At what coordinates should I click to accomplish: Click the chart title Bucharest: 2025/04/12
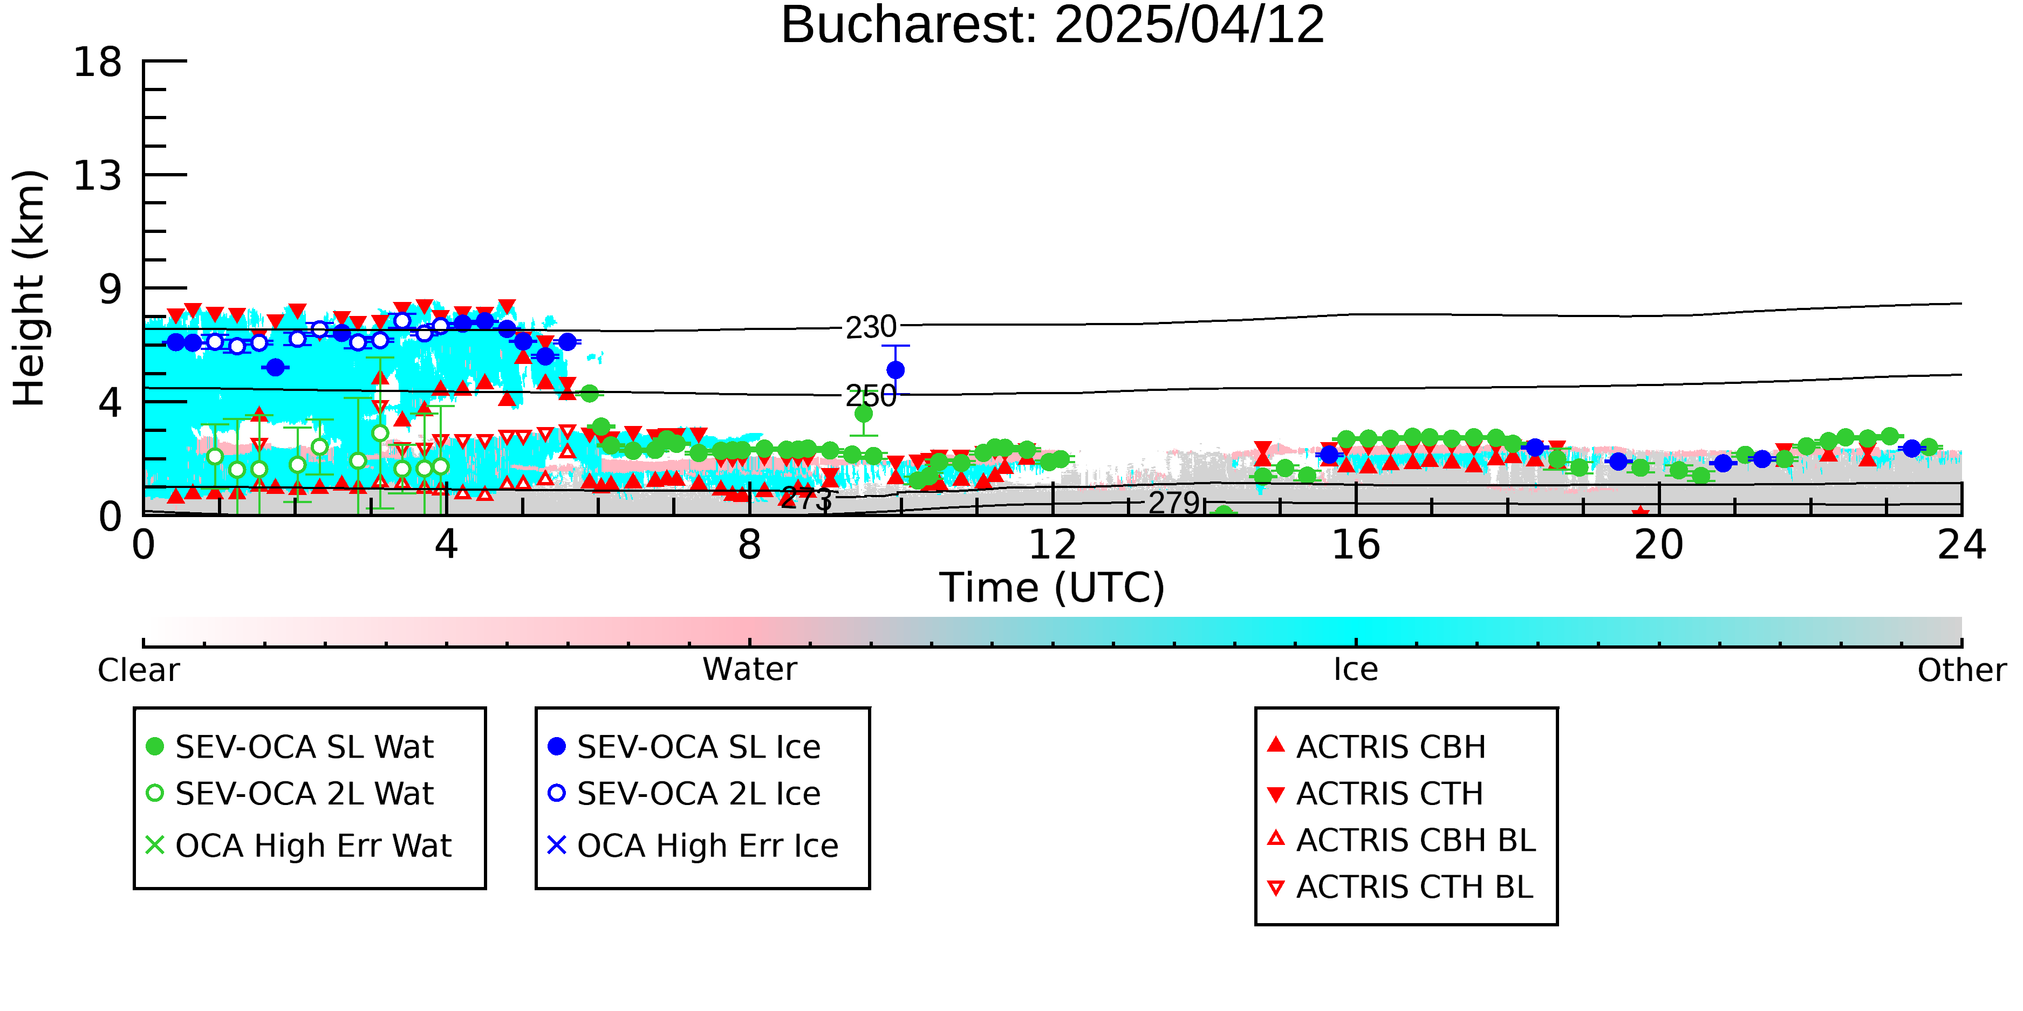(1052, 25)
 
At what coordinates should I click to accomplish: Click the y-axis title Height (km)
(30, 288)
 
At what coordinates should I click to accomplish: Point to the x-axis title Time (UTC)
(1052, 588)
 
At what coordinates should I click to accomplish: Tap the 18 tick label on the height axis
(98, 61)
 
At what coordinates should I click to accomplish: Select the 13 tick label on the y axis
(98, 175)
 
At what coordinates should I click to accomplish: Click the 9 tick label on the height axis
(111, 289)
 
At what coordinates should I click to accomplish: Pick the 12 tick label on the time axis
(1052, 545)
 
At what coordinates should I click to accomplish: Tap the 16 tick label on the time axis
(1356, 545)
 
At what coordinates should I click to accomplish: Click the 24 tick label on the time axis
(1962, 545)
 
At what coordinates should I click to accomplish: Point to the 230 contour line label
(871, 327)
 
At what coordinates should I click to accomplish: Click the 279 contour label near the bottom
(1174, 503)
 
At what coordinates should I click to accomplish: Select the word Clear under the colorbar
(138, 670)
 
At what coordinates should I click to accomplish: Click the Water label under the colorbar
(750, 670)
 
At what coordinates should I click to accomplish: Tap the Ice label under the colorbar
(1356, 670)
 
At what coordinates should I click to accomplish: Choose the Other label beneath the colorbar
(1962, 670)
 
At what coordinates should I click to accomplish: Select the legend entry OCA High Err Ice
(693, 845)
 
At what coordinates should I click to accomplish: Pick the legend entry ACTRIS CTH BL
(1401, 887)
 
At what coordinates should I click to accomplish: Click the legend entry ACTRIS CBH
(1377, 746)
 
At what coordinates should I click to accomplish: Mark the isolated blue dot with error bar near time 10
(896, 370)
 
